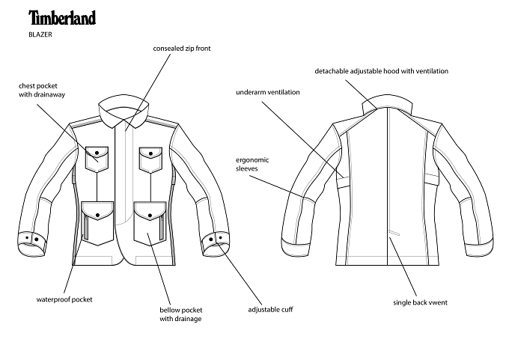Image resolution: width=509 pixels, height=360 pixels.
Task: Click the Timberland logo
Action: point(62,17)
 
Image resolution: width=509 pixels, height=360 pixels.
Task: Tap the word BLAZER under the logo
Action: point(40,34)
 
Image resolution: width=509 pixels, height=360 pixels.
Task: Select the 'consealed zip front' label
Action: point(182,49)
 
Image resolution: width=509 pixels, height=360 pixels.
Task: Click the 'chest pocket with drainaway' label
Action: point(42,91)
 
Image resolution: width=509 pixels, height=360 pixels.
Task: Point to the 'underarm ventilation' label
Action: point(268,92)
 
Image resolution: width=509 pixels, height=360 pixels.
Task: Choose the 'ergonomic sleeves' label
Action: point(252,164)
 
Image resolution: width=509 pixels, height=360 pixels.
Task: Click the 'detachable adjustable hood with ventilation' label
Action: point(382,71)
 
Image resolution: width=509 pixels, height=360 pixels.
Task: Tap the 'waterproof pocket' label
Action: point(64,299)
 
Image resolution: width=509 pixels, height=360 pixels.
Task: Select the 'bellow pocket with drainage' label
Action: point(181,314)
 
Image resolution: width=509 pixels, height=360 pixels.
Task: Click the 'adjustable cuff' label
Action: point(270,309)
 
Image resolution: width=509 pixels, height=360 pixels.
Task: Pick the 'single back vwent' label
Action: point(420,302)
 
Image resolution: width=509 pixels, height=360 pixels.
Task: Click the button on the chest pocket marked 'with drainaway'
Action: point(97,153)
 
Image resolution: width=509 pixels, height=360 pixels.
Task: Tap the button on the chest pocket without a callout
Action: point(150,153)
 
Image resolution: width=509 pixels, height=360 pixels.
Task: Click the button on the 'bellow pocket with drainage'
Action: point(150,216)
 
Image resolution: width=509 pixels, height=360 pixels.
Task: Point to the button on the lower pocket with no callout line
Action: point(97,215)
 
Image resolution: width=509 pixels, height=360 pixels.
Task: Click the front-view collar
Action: point(124,112)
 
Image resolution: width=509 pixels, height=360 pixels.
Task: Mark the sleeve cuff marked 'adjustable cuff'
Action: point(215,243)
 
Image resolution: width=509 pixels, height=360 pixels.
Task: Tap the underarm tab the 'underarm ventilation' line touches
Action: point(343,183)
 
